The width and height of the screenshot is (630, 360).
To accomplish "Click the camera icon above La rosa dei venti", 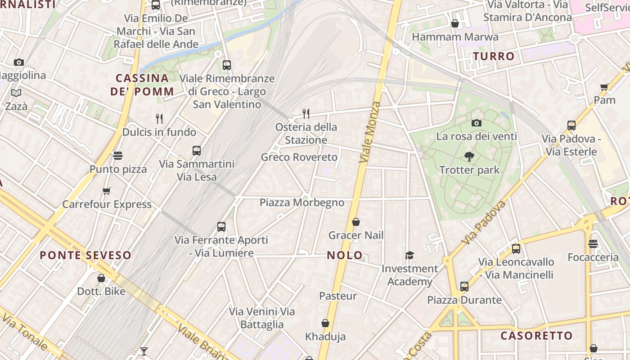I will click(x=476, y=123).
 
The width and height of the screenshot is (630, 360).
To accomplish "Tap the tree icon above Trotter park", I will click(x=469, y=157).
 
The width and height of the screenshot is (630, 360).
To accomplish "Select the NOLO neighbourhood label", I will click(x=345, y=255).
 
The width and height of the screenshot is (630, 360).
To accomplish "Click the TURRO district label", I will click(x=493, y=56).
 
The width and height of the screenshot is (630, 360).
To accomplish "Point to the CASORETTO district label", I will click(x=536, y=336).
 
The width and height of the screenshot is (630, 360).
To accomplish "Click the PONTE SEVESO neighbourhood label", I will click(x=85, y=255).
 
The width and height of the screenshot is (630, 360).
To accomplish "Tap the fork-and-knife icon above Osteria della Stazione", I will click(x=306, y=113).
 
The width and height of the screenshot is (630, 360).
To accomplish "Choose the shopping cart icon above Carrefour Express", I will click(x=107, y=191).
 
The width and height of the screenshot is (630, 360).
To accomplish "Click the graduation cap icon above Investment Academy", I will click(x=409, y=255).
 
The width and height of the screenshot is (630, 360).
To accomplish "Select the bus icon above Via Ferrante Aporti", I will click(x=221, y=226).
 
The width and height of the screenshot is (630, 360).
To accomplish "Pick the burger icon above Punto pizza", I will click(x=118, y=156).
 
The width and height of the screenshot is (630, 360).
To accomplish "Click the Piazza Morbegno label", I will click(x=302, y=202).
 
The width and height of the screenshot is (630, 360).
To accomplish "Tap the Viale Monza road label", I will click(x=370, y=132).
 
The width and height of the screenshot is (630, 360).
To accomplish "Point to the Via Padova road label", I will click(x=484, y=223).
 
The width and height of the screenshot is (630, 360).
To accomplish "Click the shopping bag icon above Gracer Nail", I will click(x=355, y=222).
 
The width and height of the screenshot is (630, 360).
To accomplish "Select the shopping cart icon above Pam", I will click(x=604, y=87).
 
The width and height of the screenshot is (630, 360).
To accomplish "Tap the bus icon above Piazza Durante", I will click(x=464, y=286).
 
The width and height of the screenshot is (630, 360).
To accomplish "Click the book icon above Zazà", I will click(x=16, y=93).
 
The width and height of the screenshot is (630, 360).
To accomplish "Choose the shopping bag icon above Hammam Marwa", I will click(x=455, y=23).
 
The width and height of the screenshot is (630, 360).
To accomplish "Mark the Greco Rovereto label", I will click(x=299, y=157).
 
